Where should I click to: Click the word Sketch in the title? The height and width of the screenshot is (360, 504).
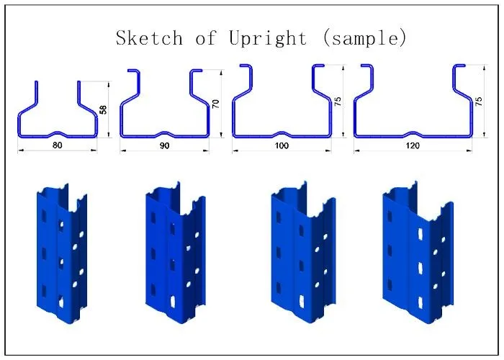pos(149,38)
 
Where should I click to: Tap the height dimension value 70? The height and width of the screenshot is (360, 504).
pos(215,104)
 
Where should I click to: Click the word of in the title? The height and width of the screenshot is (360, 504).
pos(206,39)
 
